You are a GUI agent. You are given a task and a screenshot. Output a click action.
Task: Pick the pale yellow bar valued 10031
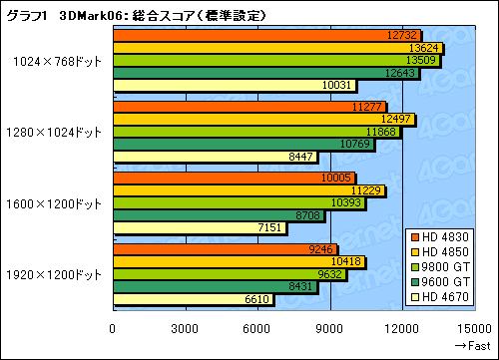(234, 85)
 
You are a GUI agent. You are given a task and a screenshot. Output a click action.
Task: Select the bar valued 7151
(199, 228)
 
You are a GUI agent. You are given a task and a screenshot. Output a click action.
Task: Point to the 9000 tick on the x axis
(331, 329)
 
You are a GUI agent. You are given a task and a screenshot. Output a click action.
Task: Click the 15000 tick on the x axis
(477, 329)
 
